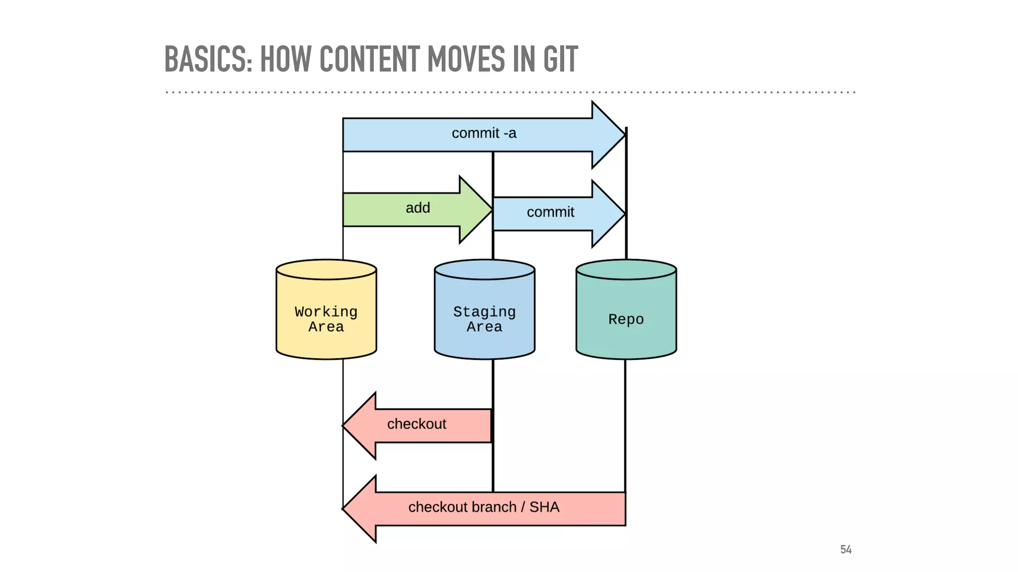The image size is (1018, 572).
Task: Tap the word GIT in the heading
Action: click(x=560, y=59)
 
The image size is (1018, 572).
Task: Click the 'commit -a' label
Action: click(x=484, y=133)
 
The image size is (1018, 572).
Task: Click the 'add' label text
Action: click(x=418, y=208)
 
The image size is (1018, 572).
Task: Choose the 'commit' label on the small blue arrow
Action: click(x=550, y=213)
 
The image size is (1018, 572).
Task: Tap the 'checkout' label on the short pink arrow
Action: click(x=417, y=424)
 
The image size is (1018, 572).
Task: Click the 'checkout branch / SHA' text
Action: click(x=484, y=507)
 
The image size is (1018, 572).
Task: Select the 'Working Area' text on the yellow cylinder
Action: click(x=326, y=319)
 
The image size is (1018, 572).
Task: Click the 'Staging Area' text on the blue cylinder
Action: click(x=484, y=319)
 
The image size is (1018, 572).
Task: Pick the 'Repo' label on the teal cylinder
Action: click(x=626, y=319)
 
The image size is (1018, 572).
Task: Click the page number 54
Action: click(x=846, y=550)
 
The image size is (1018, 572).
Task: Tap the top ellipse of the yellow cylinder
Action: click(x=326, y=270)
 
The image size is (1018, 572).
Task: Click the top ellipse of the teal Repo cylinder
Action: click(x=626, y=270)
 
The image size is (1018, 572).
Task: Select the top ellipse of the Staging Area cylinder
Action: click(x=484, y=270)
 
